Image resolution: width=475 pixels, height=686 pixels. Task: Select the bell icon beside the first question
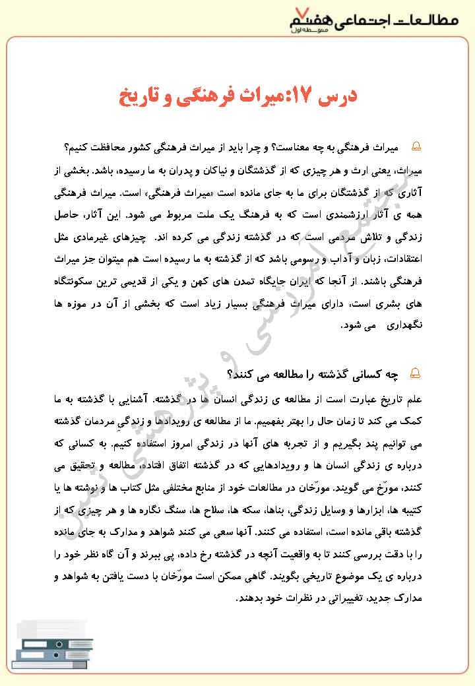416,145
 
